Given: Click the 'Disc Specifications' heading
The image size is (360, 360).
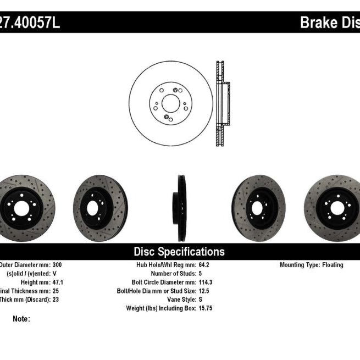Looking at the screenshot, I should (179, 252).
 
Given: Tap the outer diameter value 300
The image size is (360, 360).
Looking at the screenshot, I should (57, 265).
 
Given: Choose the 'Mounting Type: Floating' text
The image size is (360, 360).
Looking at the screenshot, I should (311, 265).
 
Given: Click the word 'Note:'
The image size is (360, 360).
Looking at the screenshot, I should (21, 319).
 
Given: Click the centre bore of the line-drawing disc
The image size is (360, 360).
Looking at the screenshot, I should (170, 103).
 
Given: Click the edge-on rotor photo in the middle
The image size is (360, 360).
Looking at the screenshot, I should (181, 208).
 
